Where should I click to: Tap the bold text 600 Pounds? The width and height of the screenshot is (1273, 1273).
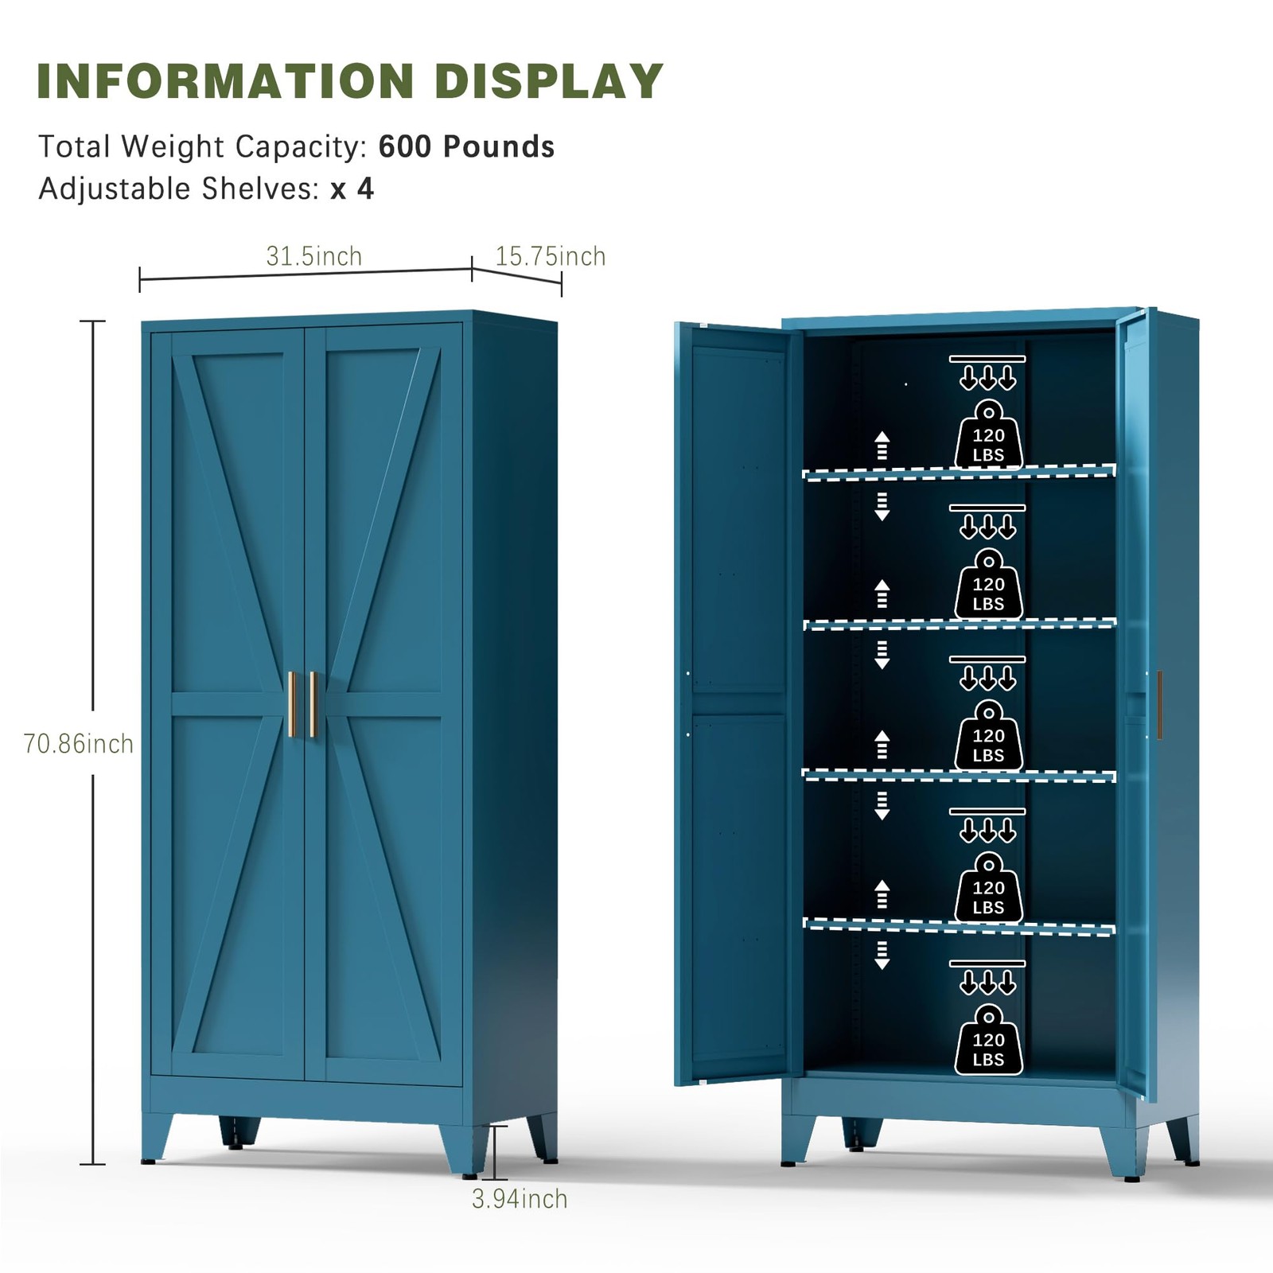tap(466, 147)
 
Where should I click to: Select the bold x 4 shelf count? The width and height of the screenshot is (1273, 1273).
tap(352, 189)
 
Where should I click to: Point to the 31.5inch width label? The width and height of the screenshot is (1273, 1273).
tap(313, 256)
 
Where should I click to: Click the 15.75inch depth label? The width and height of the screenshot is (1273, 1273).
tap(551, 256)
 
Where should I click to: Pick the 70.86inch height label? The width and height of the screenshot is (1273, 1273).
tap(78, 743)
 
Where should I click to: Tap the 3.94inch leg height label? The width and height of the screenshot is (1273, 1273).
tap(520, 1198)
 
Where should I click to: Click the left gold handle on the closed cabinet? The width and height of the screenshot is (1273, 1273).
tap(291, 704)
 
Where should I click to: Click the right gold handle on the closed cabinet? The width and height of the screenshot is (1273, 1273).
tap(313, 704)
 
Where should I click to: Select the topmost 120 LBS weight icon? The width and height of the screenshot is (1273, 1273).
tap(988, 434)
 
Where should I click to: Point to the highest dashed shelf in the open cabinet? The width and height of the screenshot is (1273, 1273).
tap(959, 473)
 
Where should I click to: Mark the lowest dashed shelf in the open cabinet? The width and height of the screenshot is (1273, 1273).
tap(959, 927)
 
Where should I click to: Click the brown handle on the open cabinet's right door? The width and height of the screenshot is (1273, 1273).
tap(1159, 705)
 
